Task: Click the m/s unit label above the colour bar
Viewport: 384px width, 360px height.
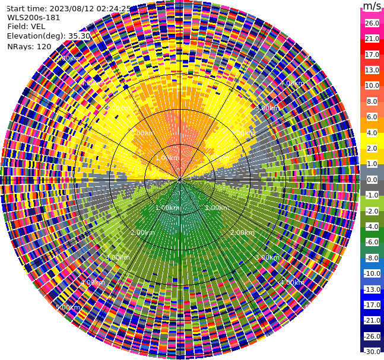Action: click(x=372, y=7)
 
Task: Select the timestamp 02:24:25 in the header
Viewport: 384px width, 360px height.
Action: click(x=111, y=9)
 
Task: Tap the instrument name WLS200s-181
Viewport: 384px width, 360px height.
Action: click(x=34, y=18)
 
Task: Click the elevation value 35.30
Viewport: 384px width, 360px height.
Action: click(x=79, y=36)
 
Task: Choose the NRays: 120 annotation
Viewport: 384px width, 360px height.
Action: click(x=29, y=46)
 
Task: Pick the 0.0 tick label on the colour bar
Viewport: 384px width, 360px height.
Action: click(x=372, y=180)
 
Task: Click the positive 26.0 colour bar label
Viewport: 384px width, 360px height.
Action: click(x=372, y=23)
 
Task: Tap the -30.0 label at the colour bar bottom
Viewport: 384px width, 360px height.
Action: click(x=372, y=352)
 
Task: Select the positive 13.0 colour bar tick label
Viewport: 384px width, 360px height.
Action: click(x=372, y=70)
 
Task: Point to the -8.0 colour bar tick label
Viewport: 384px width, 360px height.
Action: click(x=372, y=258)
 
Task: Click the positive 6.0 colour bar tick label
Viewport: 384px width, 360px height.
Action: click(x=372, y=117)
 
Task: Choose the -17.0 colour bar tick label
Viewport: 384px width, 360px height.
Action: click(x=372, y=305)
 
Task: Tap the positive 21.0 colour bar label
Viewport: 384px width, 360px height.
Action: click(x=372, y=39)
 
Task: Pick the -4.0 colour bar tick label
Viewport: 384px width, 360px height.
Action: click(x=372, y=227)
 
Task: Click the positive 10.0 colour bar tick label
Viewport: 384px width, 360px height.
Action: click(x=372, y=85)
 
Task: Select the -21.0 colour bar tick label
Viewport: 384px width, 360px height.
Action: click(x=372, y=320)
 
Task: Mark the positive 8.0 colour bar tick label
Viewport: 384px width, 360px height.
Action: click(x=372, y=101)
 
